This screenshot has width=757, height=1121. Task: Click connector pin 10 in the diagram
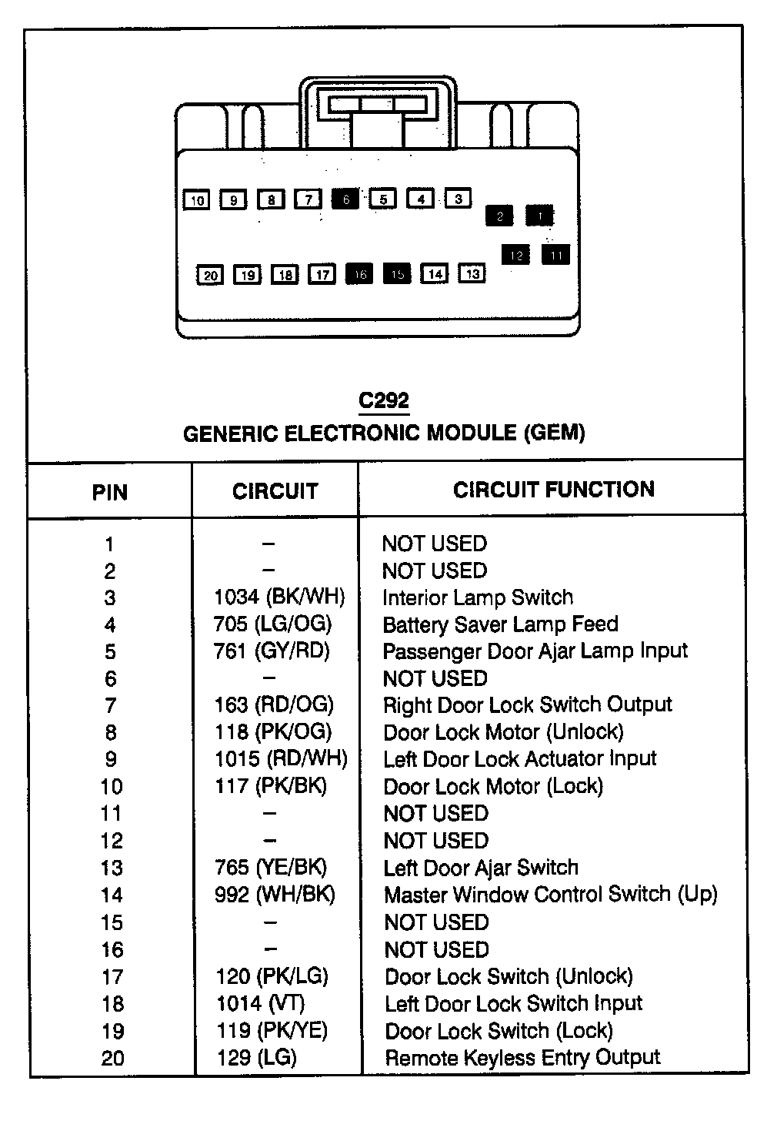197,200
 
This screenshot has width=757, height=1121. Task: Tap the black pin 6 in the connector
345,199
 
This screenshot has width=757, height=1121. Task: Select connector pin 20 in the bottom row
210,275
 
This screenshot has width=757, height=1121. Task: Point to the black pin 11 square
556,254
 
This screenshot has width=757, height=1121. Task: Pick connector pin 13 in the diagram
472,273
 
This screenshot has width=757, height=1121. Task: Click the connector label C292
384,400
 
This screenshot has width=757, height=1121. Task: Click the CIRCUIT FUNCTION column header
553,490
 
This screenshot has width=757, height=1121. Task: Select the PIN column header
110,492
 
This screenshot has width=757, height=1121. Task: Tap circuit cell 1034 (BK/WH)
279,597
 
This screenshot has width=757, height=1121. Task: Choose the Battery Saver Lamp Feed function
500,624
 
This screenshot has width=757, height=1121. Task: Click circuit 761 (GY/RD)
272,651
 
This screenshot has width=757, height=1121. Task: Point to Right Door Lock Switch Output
527,704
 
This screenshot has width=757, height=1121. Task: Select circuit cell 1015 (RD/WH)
281,758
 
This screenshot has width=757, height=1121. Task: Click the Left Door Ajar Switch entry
481,868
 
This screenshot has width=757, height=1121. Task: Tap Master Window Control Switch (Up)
550,895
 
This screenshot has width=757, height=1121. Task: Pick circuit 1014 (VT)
260,1003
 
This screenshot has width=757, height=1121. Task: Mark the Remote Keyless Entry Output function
522,1058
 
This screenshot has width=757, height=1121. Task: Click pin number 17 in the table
112,977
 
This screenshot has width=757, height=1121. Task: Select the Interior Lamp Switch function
478,597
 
